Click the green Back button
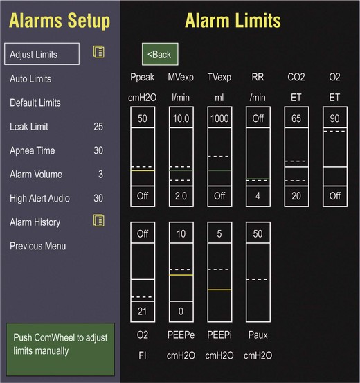[x=160, y=54]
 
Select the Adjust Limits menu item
[x=42, y=54]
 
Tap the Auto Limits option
[x=30, y=79]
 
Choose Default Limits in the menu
[x=35, y=103]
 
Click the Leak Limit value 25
[x=98, y=127]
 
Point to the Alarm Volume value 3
[x=100, y=175]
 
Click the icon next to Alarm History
[x=99, y=220]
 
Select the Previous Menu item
[x=38, y=246]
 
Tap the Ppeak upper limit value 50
[x=143, y=118]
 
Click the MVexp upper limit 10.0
[x=181, y=118]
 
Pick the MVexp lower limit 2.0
[x=181, y=196]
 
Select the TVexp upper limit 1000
[x=219, y=118]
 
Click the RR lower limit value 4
[x=258, y=196]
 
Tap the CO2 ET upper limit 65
[x=296, y=118]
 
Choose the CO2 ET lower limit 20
[x=296, y=196]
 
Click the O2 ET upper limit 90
[x=335, y=118]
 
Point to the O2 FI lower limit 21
[x=143, y=312]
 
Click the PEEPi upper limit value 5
[x=219, y=234]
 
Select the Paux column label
[x=258, y=335]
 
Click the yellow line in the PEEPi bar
[x=219, y=290]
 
